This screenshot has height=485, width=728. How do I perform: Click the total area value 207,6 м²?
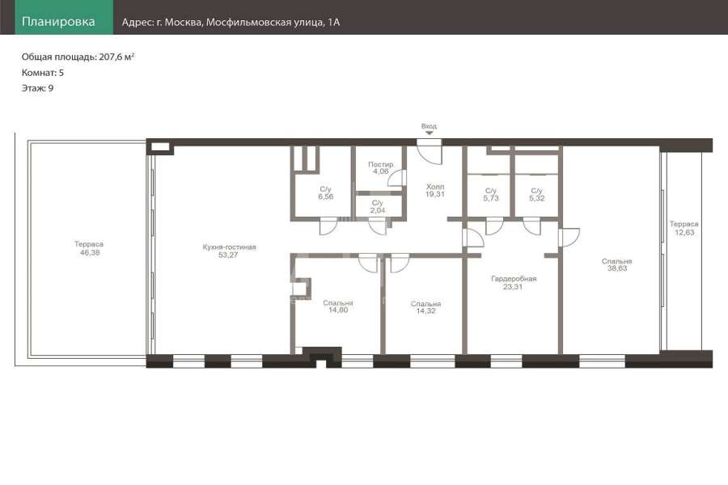pyautogui.click(x=116, y=57)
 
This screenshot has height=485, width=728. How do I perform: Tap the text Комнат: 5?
pyautogui.click(x=43, y=73)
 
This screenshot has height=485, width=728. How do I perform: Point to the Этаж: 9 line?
pyautogui.click(x=37, y=88)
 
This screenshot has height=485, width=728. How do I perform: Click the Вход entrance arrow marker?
pyautogui.click(x=430, y=133)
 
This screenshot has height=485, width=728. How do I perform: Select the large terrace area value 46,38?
pyautogui.click(x=90, y=252)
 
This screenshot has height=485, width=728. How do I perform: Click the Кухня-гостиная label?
pyautogui.click(x=230, y=247)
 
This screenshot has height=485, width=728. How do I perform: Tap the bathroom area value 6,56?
pyautogui.click(x=325, y=196)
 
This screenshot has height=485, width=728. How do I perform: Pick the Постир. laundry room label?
pyautogui.click(x=381, y=164)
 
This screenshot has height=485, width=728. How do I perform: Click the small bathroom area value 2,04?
pyautogui.click(x=378, y=210)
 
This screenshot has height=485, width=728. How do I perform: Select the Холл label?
pyautogui.click(x=435, y=187)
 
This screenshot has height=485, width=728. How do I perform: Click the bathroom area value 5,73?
pyautogui.click(x=491, y=198)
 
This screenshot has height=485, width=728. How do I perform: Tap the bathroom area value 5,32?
pyautogui.click(x=537, y=198)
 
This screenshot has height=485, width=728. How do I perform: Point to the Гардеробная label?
pyautogui.click(x=514, y=279)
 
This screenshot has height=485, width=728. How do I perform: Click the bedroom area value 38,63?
pyautogui.click(x=617, y=268)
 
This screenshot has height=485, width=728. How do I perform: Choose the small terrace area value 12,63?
pyautogui.click(x=684, y=232)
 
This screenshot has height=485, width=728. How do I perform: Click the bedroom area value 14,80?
pyautogui.click(x=338, y=310)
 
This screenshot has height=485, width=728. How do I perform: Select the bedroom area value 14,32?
pyautogui.click(x=425, y=311)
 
